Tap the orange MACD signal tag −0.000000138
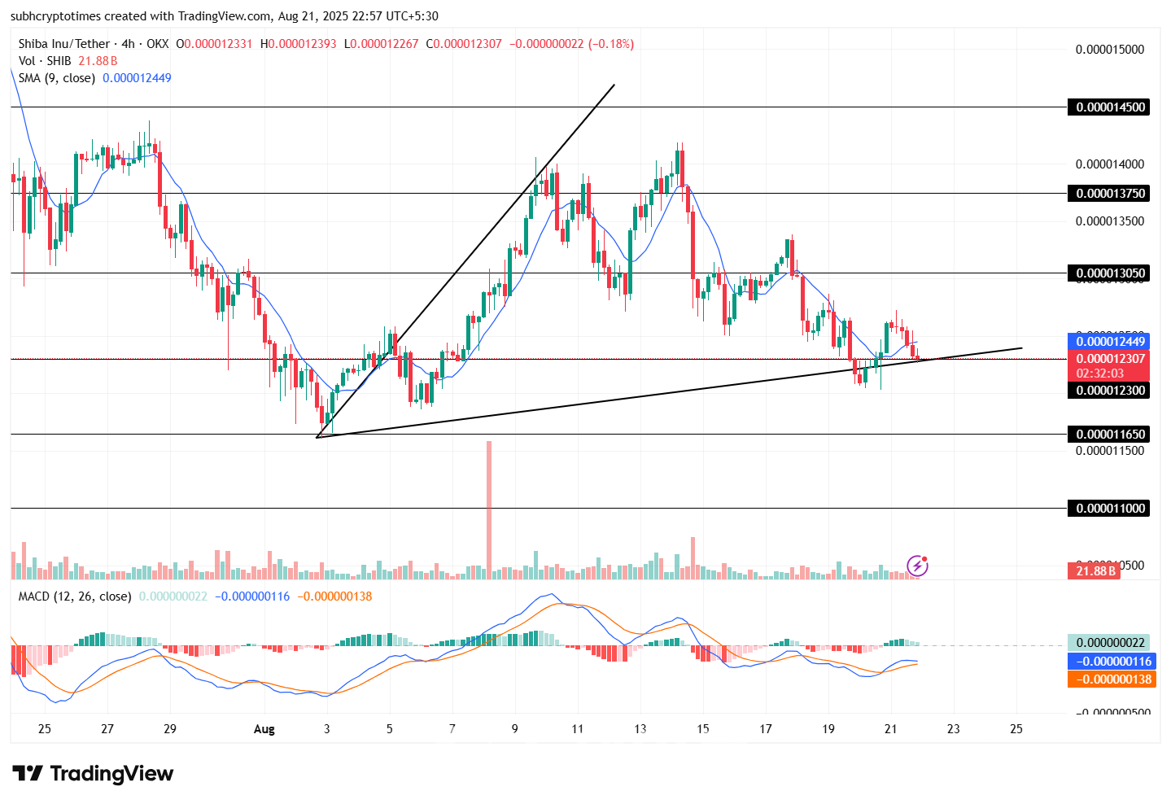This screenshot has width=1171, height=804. point(1110,679)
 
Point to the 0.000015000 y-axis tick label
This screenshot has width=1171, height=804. point(1109,50)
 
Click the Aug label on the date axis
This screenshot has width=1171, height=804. point(264,729)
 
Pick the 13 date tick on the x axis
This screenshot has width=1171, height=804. point(640,729)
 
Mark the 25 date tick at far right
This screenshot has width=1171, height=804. point(1016,729)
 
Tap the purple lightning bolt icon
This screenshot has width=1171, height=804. point(917,566)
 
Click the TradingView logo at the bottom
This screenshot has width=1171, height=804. point(93,774)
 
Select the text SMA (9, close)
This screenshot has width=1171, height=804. point(57,78)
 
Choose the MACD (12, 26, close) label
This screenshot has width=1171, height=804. point(75,596)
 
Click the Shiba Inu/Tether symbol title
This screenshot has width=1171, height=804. point(64,44)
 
